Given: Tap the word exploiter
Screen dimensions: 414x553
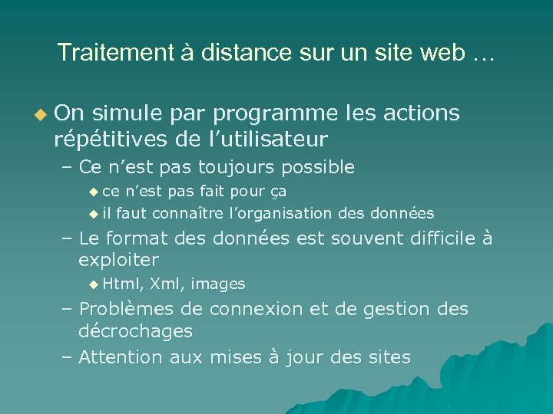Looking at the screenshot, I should (118, 260).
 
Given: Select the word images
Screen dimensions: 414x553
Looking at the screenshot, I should (218, 284).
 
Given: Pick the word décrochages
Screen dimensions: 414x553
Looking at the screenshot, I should (135, 331).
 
